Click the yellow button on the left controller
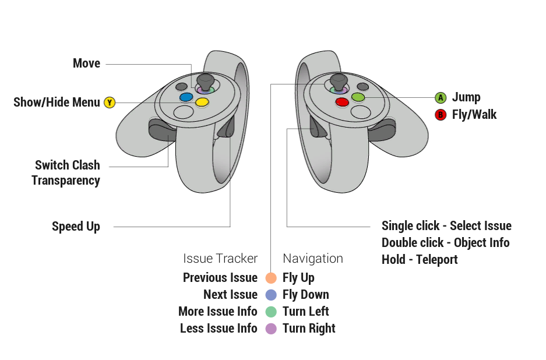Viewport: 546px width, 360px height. coord(202,103)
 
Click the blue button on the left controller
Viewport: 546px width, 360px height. coord(186,97)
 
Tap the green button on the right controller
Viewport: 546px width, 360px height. coord(358,97)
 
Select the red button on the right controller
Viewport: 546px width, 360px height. coord(342,103)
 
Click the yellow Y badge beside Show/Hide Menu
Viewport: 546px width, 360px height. coord(110,103)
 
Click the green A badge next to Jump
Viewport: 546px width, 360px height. coord(441,97)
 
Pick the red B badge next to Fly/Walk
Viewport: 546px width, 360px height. coord(441,114)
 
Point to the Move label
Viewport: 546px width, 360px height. coord(86,63)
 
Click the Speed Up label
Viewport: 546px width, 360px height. coord(76,227)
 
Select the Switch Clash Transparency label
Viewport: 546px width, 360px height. coord(66,173)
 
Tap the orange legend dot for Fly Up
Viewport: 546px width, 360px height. coord(270,278)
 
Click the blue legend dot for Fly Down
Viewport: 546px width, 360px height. coord(270,295)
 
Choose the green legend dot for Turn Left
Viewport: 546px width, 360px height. coord(270,312)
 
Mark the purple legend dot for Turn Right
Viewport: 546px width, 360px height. coord(270,329)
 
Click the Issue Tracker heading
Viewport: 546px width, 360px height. coord(220,259)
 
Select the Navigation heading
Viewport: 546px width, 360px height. coord(313,259)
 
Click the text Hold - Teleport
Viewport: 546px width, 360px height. coord(420,260)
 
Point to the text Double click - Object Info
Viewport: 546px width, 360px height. coord(445,243)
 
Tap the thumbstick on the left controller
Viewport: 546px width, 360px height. coord(205,80)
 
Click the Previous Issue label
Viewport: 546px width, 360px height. coord(220,278)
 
